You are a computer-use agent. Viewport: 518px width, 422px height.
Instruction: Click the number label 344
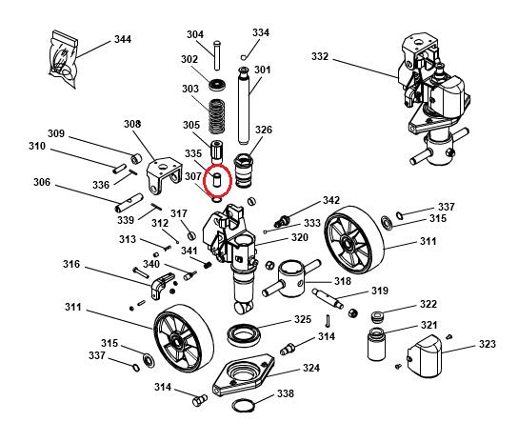(x=122, y=39)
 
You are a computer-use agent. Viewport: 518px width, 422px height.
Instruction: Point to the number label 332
(x=320, y=57)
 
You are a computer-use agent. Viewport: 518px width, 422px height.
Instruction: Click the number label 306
(x=42, y=183)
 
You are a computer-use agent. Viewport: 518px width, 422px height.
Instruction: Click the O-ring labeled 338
(x=244, y=408)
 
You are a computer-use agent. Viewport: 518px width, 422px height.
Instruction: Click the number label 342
(x=330, y=201)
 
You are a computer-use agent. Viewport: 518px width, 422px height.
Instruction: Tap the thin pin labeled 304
(x=218, y=51)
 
